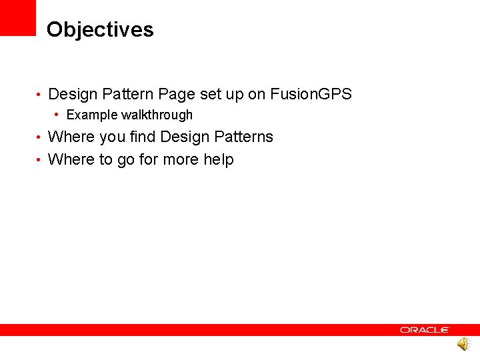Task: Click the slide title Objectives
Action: click(100, 30)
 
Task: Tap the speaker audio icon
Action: click(463, 344)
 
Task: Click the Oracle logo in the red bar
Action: click(425, 329)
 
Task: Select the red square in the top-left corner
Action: click(17, 17)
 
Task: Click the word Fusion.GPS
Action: click(311, 95)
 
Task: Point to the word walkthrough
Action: click(157, 115)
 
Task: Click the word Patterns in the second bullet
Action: click(243, 137)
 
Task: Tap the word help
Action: click(218, 160)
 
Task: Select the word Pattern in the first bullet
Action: click(128, 95)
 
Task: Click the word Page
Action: click(176, 95)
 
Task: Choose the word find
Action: click(142, 137)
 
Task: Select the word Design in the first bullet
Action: click(73, 95)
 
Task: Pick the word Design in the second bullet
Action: click(185, 137)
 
